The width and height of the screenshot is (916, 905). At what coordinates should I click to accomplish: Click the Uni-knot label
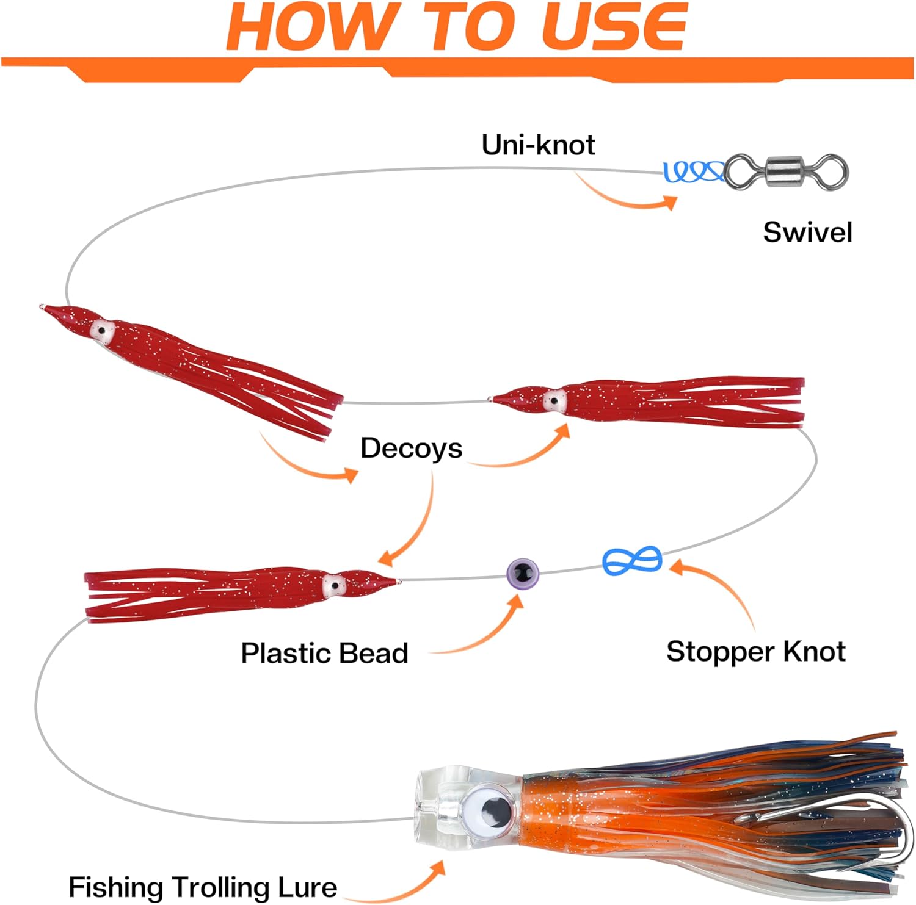(538, 145)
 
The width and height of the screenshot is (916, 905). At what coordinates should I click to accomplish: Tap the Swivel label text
(807, 233)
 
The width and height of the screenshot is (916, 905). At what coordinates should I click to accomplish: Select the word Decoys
(411, 449)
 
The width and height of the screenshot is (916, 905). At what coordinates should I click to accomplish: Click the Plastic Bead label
(324, 653)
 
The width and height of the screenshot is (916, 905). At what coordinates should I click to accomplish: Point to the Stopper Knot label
(755, 652)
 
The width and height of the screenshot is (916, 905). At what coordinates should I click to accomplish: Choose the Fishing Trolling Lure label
(202, 887)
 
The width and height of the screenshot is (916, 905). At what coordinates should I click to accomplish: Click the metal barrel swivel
(787, 172)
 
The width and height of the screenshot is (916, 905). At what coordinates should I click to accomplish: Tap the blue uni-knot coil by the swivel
(692, 171)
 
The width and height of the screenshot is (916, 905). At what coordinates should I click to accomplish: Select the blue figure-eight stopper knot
(632, 560)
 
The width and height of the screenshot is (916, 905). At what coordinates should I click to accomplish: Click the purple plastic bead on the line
(523, 572)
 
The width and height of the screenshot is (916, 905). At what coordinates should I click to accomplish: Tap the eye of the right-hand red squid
(554, 401)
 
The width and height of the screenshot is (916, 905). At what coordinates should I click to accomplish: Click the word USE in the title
(614, 27)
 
